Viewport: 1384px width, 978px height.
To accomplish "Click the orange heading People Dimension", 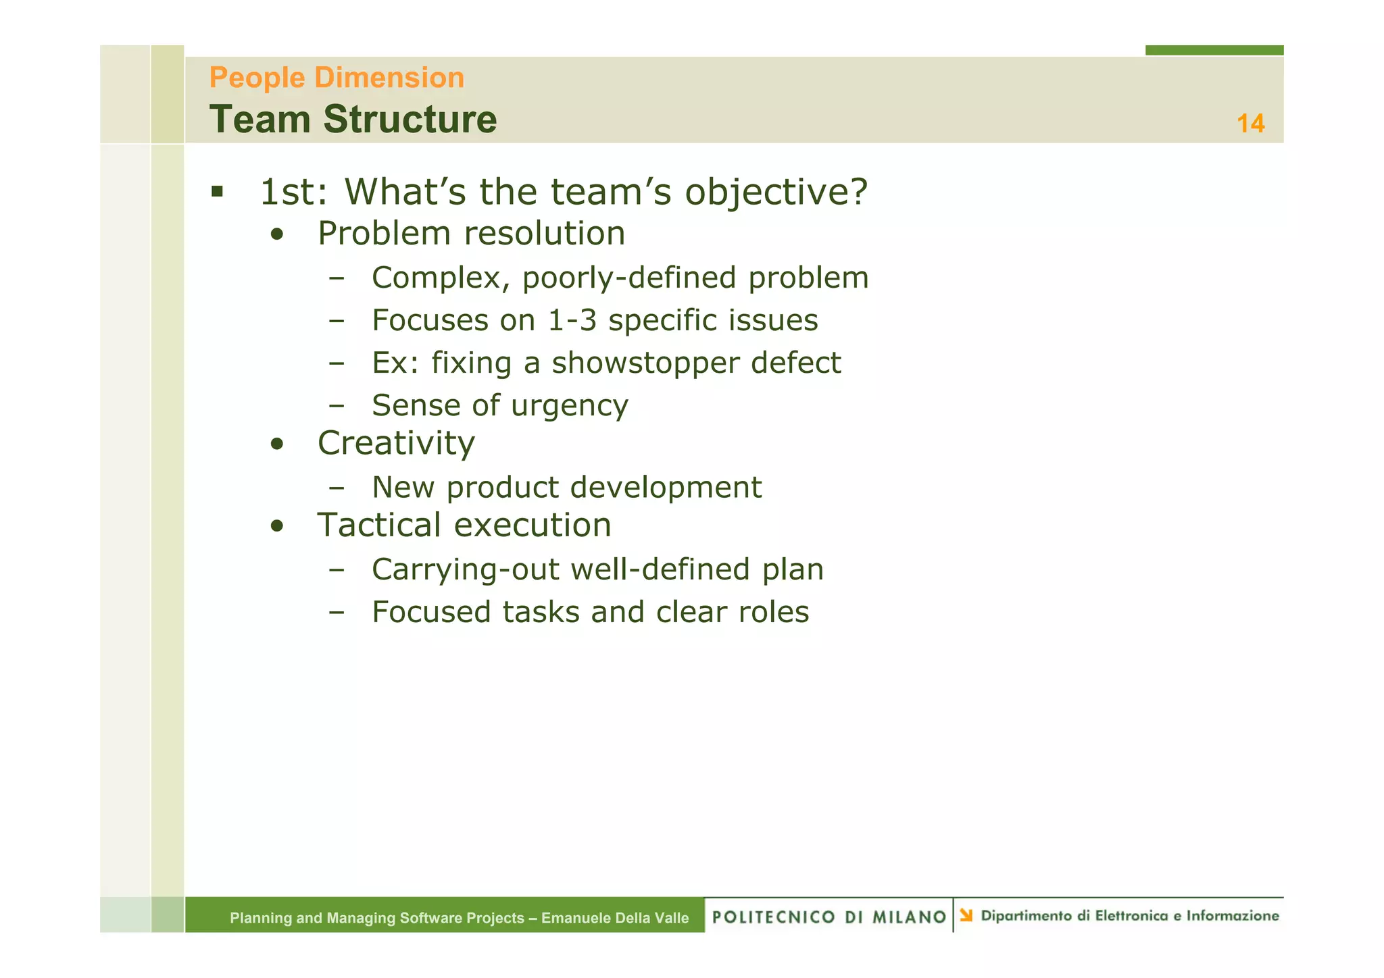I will coord(337,78).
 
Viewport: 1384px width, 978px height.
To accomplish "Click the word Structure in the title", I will coord(410,120).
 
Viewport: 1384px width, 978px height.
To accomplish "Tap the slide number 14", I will coord(1250,124).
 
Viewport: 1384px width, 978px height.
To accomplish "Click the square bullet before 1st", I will coord(217,192).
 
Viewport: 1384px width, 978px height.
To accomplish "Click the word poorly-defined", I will coord(628,278).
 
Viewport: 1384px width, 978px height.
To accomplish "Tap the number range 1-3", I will coord(572,320).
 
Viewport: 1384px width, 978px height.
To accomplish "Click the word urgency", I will coord(569,405).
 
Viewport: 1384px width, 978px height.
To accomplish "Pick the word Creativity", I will coord(396,444).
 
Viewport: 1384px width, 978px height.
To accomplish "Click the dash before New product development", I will coord(337,488).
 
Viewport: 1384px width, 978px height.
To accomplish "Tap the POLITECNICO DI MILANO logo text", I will coord(829,917).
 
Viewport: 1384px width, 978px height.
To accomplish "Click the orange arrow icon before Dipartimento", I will coord(966,915).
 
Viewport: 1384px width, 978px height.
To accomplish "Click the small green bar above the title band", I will coord(1214,50).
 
